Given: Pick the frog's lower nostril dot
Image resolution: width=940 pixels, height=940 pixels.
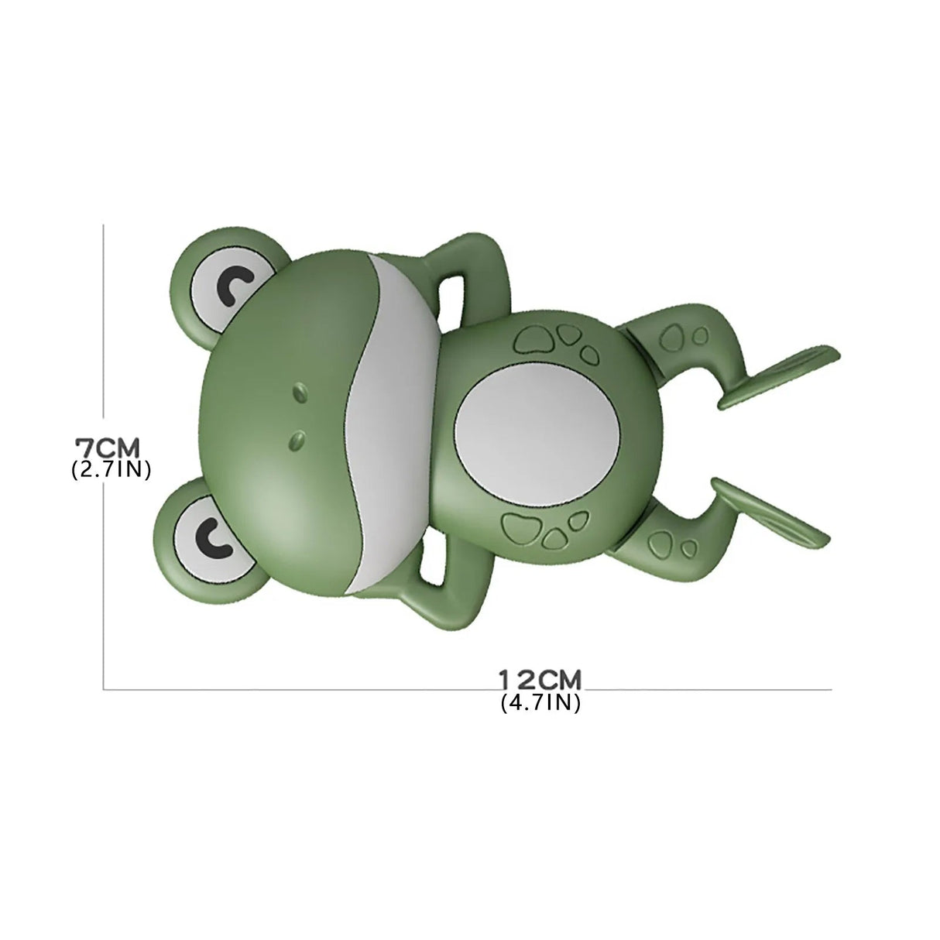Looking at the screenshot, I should tap(296, 439).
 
